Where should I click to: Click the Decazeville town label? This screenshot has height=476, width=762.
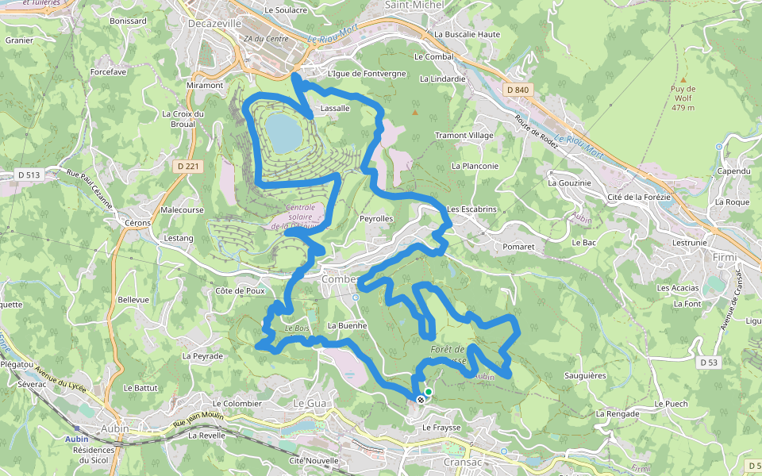[x=214, y=24]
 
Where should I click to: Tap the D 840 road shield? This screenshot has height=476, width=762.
[x=517, y=90]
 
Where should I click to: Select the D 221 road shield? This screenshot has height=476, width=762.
[x=187, y=166]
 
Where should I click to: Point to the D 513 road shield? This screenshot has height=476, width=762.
[x=28, y=174]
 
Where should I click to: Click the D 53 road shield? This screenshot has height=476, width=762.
[x=709, y=362]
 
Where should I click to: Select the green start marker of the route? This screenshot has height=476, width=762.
[x=429, y=391]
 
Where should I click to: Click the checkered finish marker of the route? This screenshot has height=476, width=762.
[x=420, y=399]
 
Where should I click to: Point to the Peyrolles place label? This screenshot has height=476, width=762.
[x=376, y=218]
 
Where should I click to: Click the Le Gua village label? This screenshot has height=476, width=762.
[x=310, y=403]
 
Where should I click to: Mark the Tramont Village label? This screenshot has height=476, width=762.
[x=464, y=136]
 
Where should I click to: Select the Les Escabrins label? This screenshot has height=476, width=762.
[x=471, y=209]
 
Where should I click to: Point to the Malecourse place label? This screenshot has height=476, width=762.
[x=182, y=210]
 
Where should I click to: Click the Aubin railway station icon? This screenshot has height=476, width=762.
[x=76, y=428]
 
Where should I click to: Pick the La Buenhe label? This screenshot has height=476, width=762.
[x=347, y=325]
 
